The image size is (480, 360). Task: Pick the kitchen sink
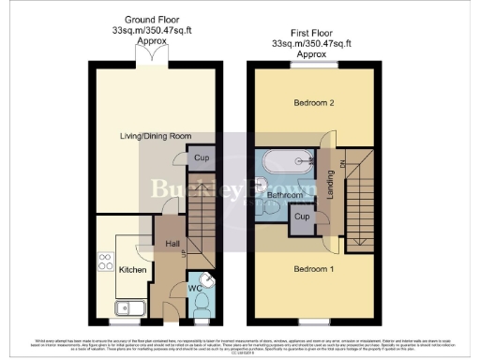pos(125,307)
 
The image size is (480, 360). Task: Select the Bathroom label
pos(281,194)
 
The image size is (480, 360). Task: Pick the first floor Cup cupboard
pos(302,217)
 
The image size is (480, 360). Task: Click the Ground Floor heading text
pos(149,20)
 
